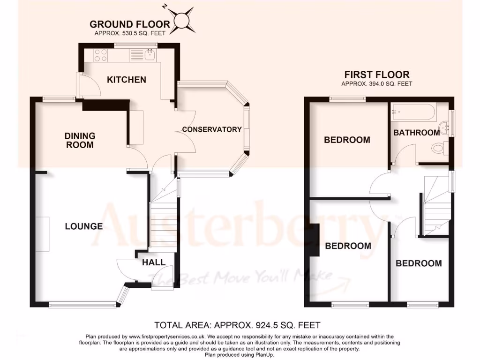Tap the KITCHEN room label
(x=127, y=80)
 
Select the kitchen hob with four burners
(x=101, y=55)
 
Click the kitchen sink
(x=150, y=55)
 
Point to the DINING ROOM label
(x=80, y=140)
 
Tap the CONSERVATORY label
(x=212, y=129)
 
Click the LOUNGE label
(x=83, y=226)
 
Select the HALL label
(x=154, y=262)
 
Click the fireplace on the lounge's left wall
(x=42, y=234)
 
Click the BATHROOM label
(x=416, y=133)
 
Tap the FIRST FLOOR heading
(x=377, y=75)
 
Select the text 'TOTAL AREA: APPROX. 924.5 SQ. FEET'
(x=237, y=325)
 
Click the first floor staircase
(x=436, y=206)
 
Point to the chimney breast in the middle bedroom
(x=313, y=240)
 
